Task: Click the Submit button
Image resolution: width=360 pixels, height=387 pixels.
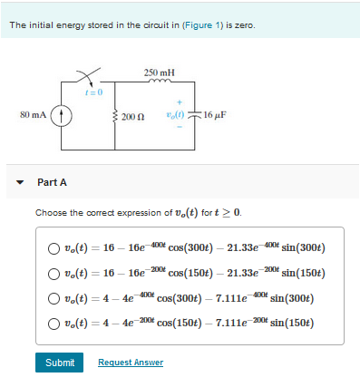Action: (59, 363)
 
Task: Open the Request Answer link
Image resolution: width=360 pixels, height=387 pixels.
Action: (131, 363)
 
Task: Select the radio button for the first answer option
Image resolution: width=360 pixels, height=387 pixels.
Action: (55, 248)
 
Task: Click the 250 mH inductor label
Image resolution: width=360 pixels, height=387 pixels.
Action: (160, 72)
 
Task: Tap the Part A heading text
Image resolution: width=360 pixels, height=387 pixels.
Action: (52, 182)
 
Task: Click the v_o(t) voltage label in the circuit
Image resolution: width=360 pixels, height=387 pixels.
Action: (174, 115)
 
